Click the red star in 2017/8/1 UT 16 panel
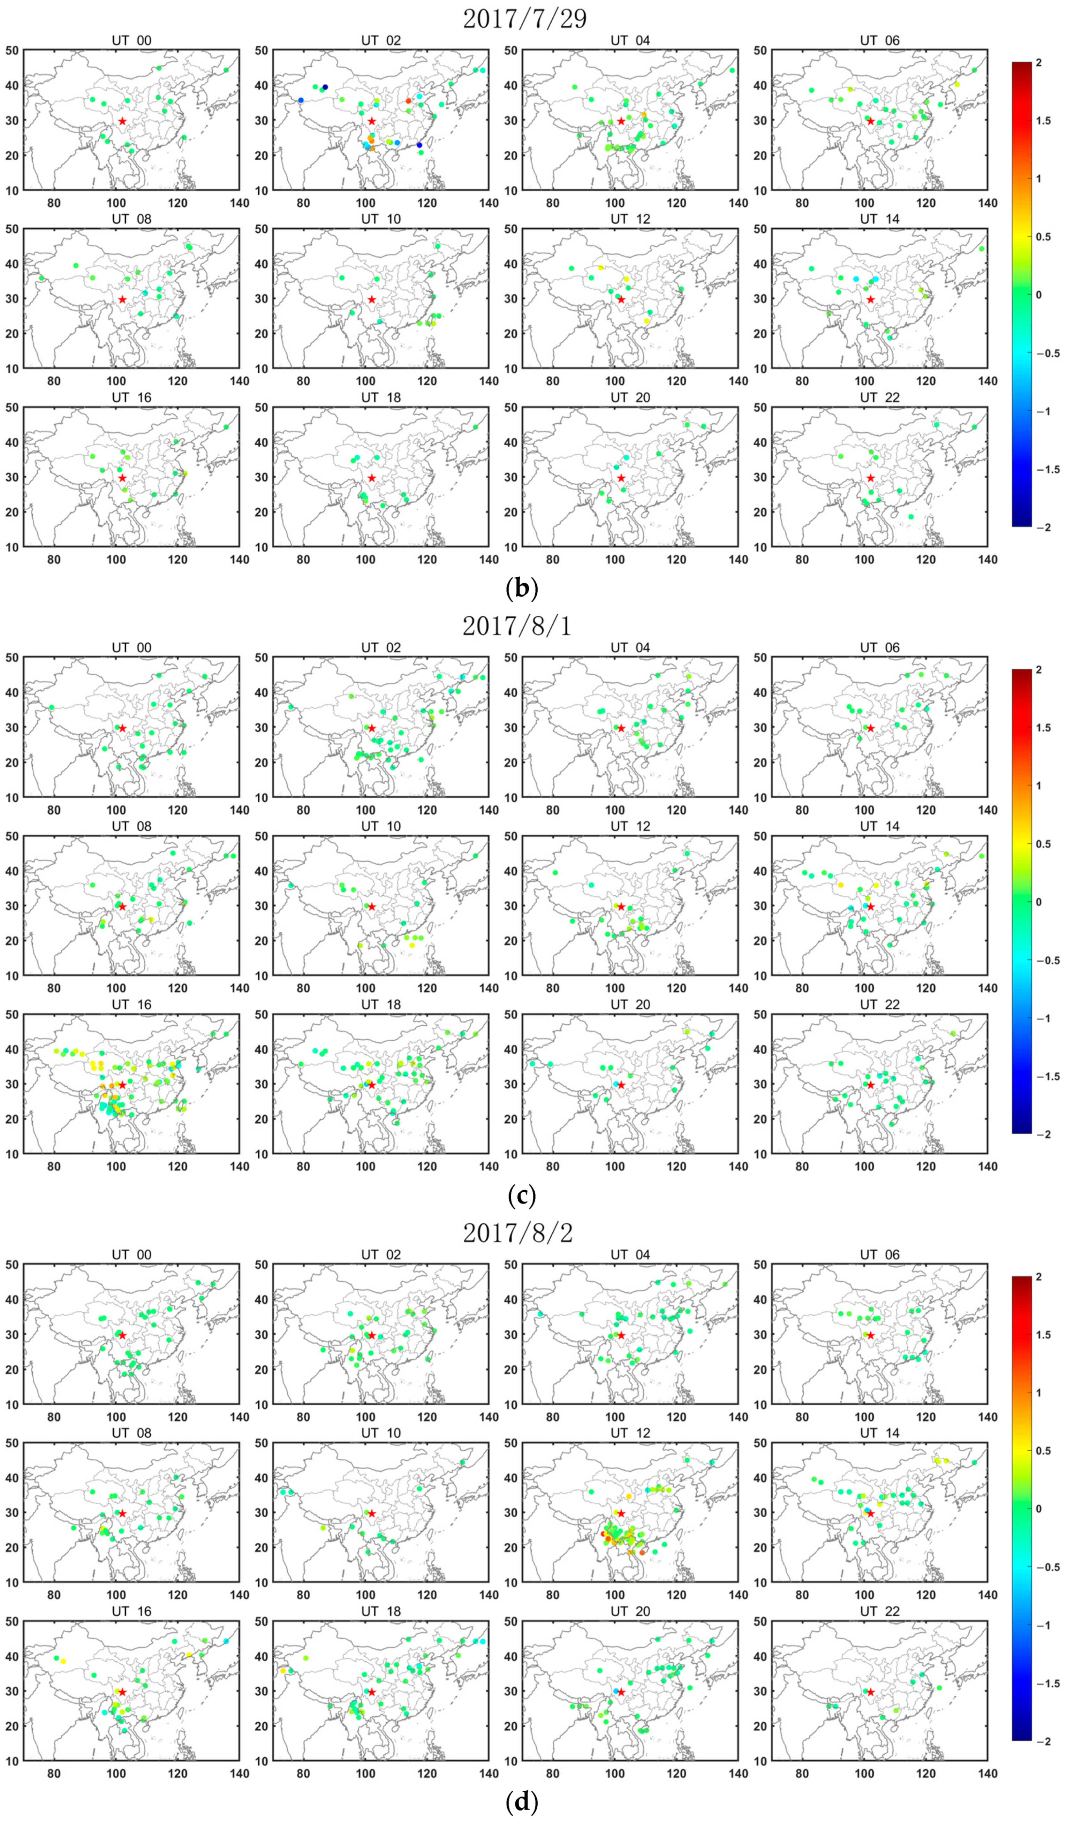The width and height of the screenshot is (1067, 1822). tap(122, 1085)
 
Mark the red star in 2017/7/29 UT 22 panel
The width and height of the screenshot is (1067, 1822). tap(870, 478)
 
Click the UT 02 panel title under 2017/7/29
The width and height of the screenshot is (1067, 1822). tap(380, 40)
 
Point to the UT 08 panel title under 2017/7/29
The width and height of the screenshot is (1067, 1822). tap(131, 219)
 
